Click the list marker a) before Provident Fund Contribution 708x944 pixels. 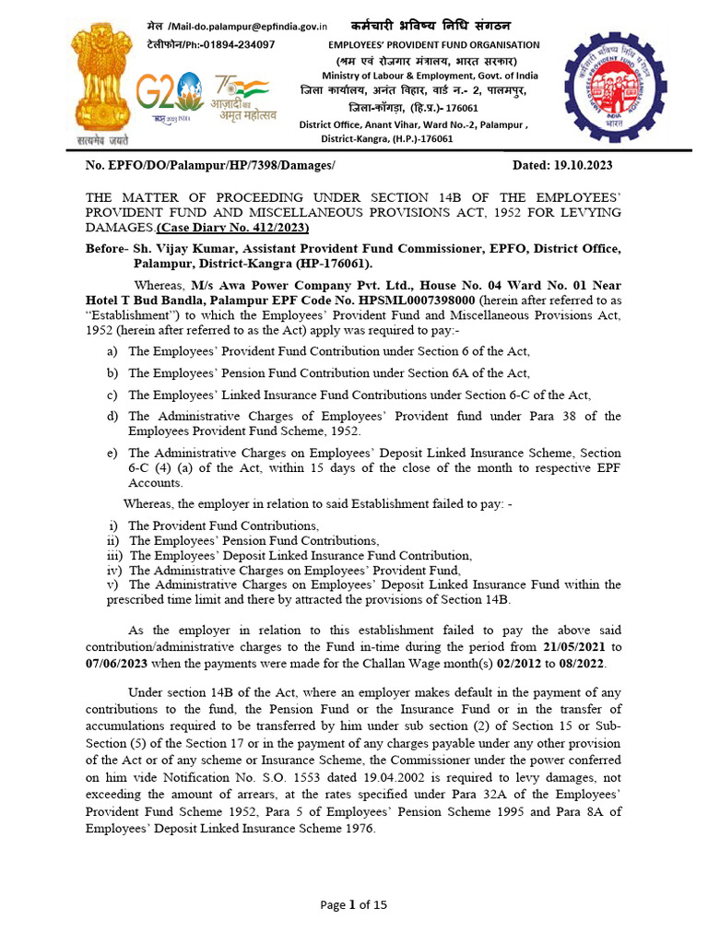pos(112,351)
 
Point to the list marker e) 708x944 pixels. pos(112,454)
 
